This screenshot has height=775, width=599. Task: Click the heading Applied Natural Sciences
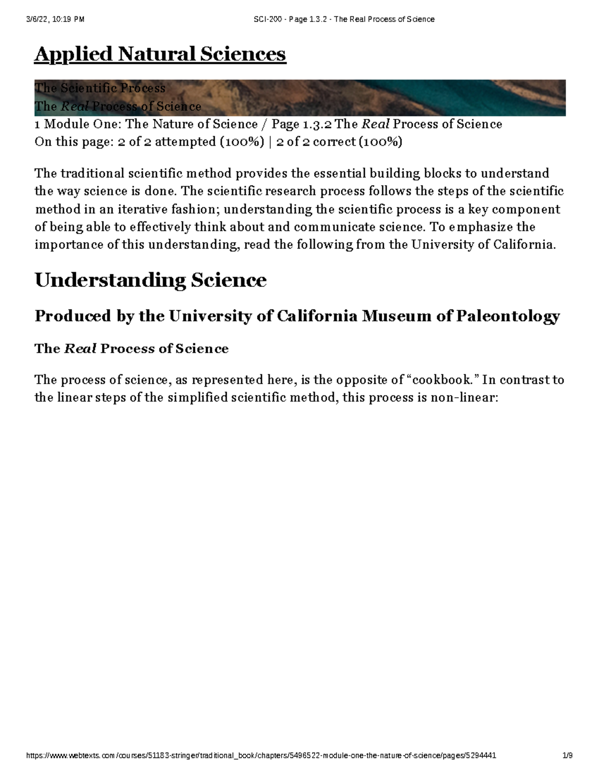(160, 54)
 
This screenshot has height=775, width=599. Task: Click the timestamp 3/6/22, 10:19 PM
(55, 19)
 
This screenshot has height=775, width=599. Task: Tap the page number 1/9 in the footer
(567, 756)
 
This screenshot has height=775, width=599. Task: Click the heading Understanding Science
(150, 280)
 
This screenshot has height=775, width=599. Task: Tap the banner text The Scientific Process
(100, 88)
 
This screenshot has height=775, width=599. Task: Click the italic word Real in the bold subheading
(80, 349)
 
